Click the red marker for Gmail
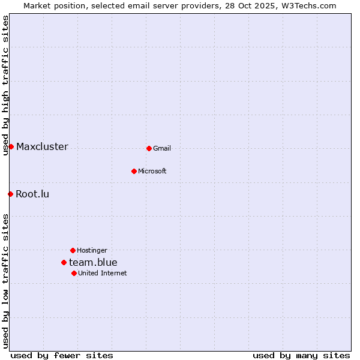point(149,148)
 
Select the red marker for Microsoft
point(134,171)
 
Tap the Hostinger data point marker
point(73,250)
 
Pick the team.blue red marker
point(64,262)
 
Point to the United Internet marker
point(74,273)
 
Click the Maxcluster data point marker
point(11,146)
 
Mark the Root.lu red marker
point(10,194)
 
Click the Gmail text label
point(162,148)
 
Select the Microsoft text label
point(152,171)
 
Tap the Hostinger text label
point(92,250)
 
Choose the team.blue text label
point(93,262)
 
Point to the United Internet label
point(102,273)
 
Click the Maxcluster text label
point(42,146)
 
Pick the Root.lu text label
point(32,194)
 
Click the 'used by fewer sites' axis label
point(62,355)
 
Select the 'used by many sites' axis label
point(301,355)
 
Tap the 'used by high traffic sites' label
point(5,85)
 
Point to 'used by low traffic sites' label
point(5,281)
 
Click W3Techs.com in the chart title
point(310,5)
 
